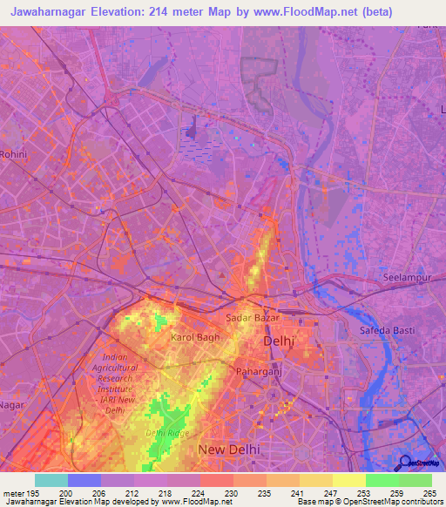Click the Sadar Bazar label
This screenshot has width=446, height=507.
[x=252, y=318]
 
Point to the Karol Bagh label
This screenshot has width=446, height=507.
[x=192, y=336]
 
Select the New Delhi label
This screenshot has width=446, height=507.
[x=230, y=449]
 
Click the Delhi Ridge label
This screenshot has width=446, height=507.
[x=166, y=432]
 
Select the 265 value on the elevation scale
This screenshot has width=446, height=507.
[x=429, y=492]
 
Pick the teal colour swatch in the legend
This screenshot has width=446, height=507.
[x=51, y=480]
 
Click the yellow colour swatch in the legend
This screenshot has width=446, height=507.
[x=348, y=480]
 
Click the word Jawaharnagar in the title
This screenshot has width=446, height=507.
[x=51, y=12]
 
